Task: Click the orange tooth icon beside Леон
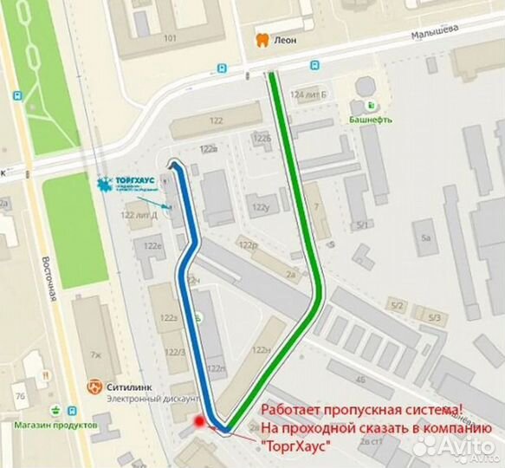(x=261, y=40)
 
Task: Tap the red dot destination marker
(x=200, y=421)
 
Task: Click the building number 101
(x=170, y=38)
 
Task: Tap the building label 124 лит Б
(x=309, y=94)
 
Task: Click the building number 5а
(x=424, y=236)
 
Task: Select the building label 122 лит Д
(x=139, y=215)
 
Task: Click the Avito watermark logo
(x=456, y=446)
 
